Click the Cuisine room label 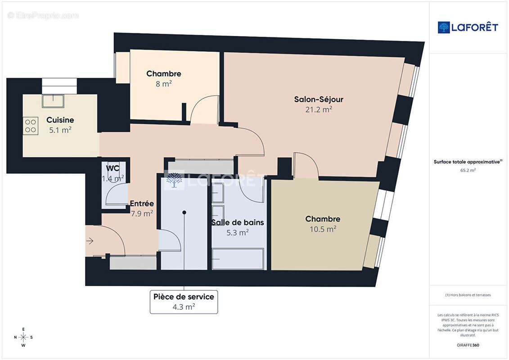[60, 120]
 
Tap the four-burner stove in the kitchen [31, 125]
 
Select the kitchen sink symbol [53, 101]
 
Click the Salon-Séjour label [319, 99]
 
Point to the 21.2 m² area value [319, 109]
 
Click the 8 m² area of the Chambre [163, 83]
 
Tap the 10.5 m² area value [322, 229]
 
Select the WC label [113, 168]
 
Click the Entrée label [142, 203]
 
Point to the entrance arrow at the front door [90, 241]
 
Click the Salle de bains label [238, 222]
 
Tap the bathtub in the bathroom [238, 259]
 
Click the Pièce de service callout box [184, 301]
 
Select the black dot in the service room [184, 212]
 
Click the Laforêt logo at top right [468, 27]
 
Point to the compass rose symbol [23, 337]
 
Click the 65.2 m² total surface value [468, 171]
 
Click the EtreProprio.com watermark [43, 15]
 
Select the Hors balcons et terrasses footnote [468, 295]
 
